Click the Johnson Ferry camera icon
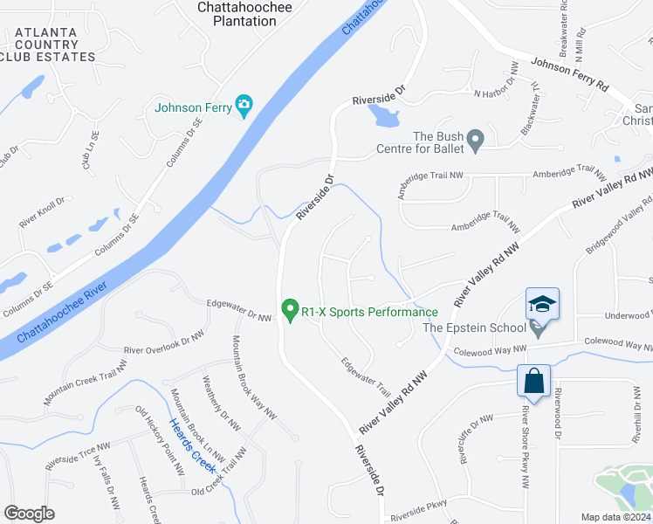[x=244, y=107]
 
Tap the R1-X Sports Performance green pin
[x=291, y=310]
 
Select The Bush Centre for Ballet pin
[x=475, y=139]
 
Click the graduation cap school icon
[x=542, y=304]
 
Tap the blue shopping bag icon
[x=533, y=381]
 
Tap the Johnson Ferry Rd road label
[x=568, y=74]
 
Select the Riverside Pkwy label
[x=418, y=506]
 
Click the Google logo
[x=29, y=513]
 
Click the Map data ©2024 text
[x=615, y=517]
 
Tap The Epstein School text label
[x=474, y=327]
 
